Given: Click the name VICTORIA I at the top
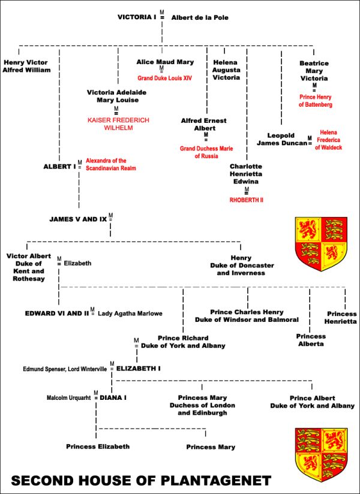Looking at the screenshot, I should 137,17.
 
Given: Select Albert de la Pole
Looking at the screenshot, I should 200,18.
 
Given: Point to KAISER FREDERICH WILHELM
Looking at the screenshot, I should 118,124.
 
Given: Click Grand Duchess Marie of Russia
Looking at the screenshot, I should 206,152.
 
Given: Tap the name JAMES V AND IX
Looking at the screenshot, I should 78,219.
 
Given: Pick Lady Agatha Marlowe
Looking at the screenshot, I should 130,313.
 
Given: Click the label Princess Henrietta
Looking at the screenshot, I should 341,318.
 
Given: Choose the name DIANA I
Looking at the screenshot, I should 113,397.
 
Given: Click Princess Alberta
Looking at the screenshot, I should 311,340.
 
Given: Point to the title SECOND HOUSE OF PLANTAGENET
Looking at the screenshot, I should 141,481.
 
